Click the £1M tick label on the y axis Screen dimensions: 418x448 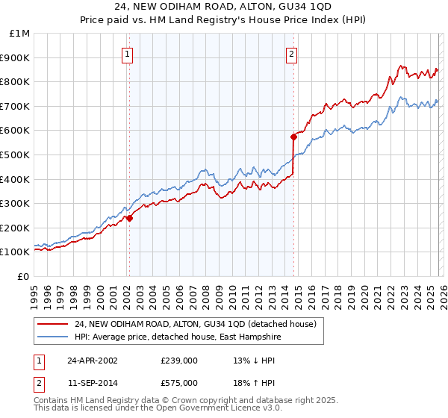pos(20,33)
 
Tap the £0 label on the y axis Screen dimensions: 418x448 pos(24,276)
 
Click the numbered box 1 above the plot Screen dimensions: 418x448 pos(128,54)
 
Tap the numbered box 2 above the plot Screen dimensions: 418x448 pos(290,54)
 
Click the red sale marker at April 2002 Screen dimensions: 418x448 pos(129,218)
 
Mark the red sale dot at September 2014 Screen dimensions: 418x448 pos(293,137)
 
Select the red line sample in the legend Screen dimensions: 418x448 pos(54,324)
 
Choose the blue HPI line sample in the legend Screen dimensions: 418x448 pos(54,336)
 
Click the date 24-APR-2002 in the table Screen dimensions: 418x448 pos(93,361)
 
